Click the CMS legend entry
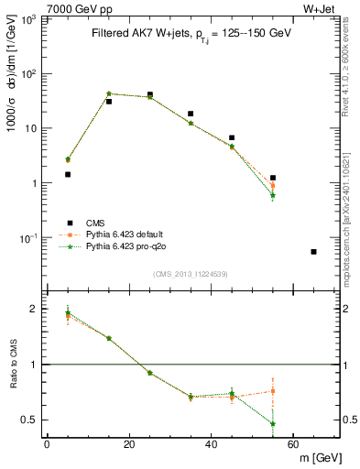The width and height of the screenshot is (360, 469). [95, 223]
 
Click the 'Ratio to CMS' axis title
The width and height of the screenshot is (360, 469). [13, 365]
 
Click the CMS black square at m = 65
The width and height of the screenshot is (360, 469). [314, 252]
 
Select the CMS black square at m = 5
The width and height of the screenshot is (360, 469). [68, 174]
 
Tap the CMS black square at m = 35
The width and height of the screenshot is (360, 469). [191, 115]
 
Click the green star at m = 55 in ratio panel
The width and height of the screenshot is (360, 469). [273, 424]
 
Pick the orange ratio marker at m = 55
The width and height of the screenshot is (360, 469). [273, 391]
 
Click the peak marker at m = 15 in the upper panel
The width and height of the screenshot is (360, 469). [109, 93]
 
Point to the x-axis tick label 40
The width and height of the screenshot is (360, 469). [211, 444]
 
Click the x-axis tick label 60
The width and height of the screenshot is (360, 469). [293, 444]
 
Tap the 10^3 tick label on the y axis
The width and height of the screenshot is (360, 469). [31, 19]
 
